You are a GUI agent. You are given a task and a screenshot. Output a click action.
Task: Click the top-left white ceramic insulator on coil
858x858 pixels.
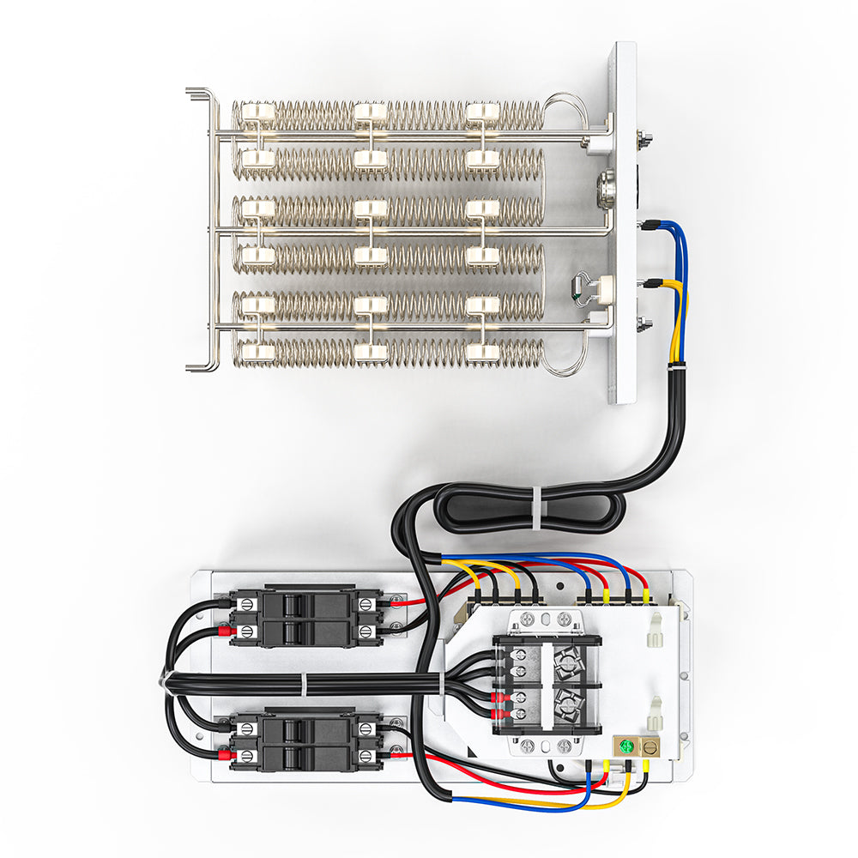coord(255,112)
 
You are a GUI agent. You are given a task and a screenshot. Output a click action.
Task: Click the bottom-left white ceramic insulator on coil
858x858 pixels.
coord(255,351)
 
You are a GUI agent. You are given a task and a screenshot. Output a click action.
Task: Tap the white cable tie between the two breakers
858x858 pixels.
coord(304,683)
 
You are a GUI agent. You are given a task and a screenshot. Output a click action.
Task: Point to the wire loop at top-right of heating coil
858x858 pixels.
coord(565,107)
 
